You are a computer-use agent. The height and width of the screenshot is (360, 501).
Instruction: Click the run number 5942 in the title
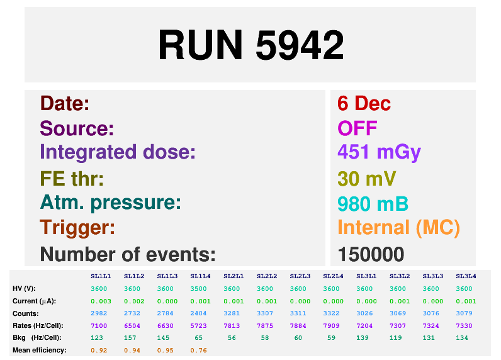(x=300, y=45)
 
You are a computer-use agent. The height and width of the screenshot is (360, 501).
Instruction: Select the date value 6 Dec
(x=364, y=103)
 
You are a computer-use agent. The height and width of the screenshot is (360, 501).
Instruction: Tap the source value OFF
(x=357, y=128)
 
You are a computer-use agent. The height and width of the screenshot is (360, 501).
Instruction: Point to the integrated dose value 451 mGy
(x=380, y=152)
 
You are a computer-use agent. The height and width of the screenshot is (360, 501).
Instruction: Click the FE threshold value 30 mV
(x=367, y=179)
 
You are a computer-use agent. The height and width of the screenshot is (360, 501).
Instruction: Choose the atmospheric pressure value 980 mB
(x=373, y=204)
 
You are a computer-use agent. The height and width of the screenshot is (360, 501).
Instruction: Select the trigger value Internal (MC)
(x=399, y=228)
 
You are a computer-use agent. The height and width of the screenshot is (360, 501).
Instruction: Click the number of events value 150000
(x=371, y=255)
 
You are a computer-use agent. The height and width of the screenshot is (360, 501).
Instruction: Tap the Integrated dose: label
(x=118, y=152)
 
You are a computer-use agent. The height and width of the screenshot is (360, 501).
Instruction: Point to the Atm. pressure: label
(x=111, y=203)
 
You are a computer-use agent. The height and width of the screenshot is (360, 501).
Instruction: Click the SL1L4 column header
(x=200, y=276)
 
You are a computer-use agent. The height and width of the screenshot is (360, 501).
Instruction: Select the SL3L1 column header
(x=366, y=276)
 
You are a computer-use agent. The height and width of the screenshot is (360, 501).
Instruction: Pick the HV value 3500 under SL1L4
(x=198, y=289)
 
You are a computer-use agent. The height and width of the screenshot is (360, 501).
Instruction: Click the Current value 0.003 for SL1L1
(x=101, y=301)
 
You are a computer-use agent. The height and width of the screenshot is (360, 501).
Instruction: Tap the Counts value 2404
(x=198, y=313)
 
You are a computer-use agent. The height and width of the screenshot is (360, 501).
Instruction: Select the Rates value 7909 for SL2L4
(x=331, y=326)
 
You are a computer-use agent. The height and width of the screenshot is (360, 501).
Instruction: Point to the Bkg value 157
(x=130, y=338)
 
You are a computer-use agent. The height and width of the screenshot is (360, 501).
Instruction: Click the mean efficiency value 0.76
(x=198, y=351)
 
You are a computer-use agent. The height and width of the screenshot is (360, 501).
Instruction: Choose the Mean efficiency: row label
(x=40, y=351)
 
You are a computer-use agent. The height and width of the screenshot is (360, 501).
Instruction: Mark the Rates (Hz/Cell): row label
(x=38, y=326)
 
